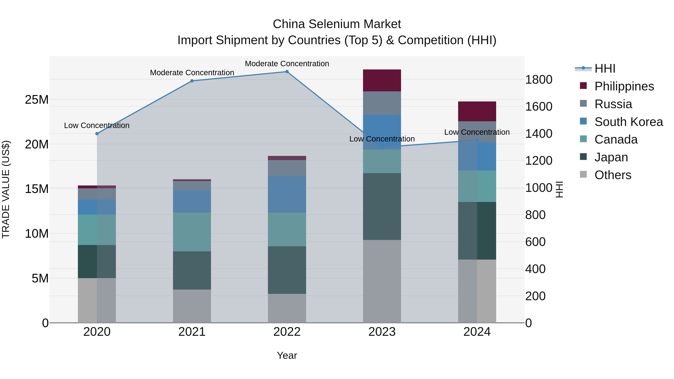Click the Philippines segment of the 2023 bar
coord(382,80)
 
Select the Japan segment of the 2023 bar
coord(382,206)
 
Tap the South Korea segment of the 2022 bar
coord(287,194)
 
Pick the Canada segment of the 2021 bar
coord(192,232)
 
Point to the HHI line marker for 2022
coord(287,72)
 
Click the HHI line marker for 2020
coord(97,134)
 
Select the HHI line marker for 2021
coord(192,81)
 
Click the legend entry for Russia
coord(613,104)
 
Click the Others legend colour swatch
coord(583,174)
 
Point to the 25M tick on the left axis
coord(37,100)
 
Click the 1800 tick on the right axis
coord(539,80)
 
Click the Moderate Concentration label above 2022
coord(287,64)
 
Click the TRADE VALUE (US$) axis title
coord(6,189)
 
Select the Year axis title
coord(287,355)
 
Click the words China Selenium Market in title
coord(337,24)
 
